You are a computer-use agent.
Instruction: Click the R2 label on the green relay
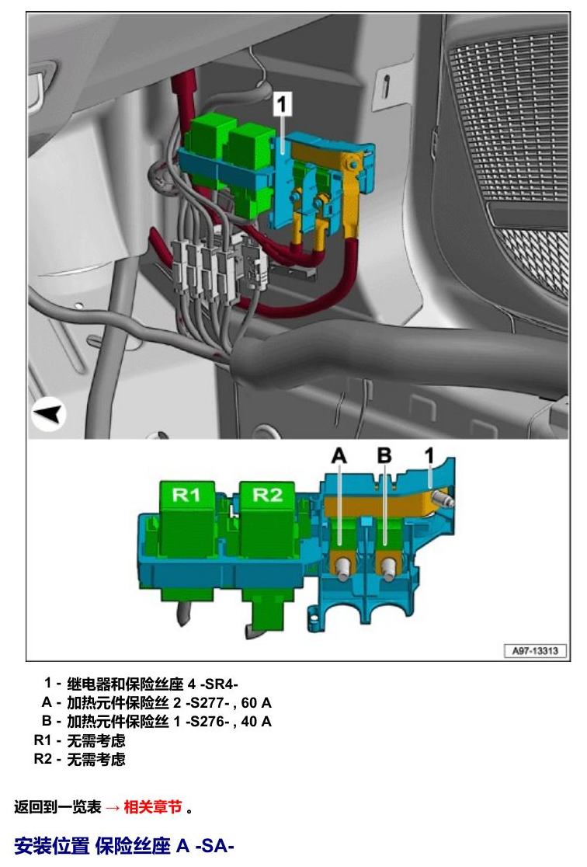tap(268, 494)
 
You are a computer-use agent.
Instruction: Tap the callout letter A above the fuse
tap(339, 455)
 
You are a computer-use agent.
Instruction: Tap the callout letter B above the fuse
tap(384, 455)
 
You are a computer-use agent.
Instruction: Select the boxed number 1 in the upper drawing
tap(283, 104)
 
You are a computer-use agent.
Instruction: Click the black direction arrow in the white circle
tap(49, 414)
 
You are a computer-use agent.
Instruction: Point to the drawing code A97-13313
tap(534, 651)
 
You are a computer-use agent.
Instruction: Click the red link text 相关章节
tap(152, 807)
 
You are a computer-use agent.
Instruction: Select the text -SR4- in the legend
tap(219, 684)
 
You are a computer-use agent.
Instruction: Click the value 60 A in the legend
tap(256, 703)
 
